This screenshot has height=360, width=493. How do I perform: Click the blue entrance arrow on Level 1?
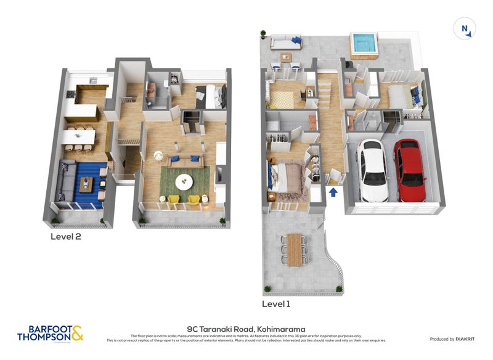333,193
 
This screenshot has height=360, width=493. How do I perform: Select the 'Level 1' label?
275,304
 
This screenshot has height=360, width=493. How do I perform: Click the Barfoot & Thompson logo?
50,333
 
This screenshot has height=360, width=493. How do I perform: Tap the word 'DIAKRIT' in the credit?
469,339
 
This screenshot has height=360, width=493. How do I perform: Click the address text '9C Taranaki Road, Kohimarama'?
246,330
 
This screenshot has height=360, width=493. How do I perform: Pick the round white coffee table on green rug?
184,181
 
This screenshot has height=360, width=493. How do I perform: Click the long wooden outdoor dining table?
295,250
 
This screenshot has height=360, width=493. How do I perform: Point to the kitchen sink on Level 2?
92,80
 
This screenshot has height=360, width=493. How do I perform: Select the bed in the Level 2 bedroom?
211,96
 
